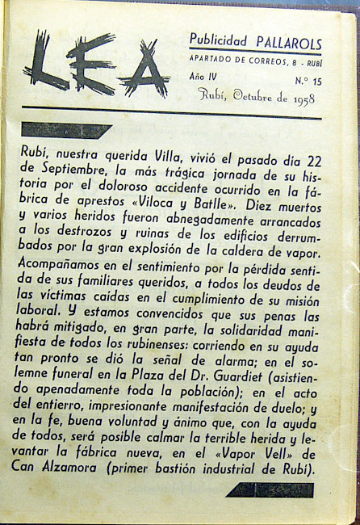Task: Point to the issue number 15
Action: click(x=313, y=82)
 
